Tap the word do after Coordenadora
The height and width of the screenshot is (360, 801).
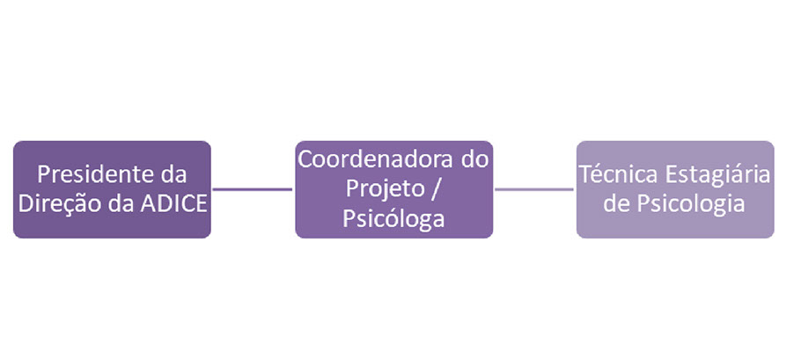(475, 160)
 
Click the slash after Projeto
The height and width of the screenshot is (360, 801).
(431, 189)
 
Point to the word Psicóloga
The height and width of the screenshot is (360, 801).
(393, 218)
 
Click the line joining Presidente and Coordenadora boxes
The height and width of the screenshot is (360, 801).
(253, 188)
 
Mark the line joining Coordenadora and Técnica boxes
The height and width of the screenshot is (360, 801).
(534, 188)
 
